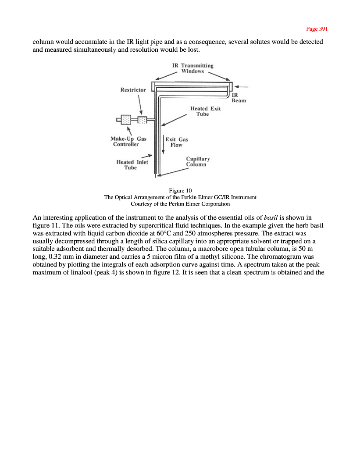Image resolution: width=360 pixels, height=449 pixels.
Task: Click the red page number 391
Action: click(x=317, y=29)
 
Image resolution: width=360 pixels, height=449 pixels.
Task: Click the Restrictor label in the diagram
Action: click(x=133, y=90)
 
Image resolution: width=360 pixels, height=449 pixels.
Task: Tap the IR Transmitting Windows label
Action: click(x=192, y=68)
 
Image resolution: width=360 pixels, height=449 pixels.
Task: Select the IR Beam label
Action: click(x=239, y=97)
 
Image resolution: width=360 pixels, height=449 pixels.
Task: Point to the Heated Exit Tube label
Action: click(x=205, y=111)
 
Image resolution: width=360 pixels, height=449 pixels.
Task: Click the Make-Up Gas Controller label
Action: click(x=128, y=141)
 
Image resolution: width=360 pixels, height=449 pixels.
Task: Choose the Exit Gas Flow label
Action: click(x=177, y=142)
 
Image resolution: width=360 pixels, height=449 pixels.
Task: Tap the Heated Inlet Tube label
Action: click(x=132, y=164)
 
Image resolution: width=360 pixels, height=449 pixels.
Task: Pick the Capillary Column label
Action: click(x=198, y=161)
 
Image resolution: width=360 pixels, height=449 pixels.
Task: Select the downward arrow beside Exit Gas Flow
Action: click(x=164, y=144)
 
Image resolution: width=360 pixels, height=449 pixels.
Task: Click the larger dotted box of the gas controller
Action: click(x=126, y=119)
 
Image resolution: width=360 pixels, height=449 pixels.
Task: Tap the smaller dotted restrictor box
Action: click(x=143, y=119)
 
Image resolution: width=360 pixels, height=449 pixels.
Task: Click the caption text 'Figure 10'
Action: click(x=180, y=190)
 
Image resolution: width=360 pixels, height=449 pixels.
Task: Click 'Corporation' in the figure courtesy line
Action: click(x=214, y=203)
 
